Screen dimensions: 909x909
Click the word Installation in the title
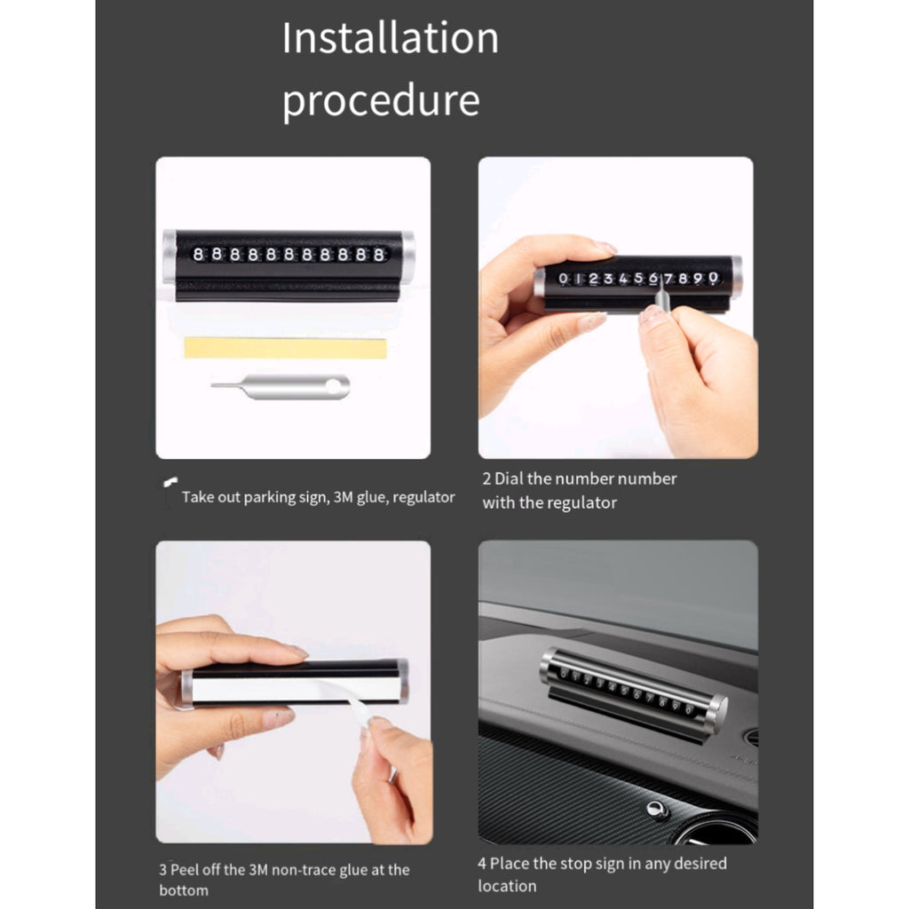391,38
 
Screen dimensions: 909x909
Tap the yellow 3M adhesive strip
285,348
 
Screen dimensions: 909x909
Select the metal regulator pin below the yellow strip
281,387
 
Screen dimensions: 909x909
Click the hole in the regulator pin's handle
334,387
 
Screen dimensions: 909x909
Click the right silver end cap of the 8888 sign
407,258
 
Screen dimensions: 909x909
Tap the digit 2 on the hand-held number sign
593,279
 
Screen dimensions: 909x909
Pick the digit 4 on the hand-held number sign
623,279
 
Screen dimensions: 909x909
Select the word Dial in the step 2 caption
509,478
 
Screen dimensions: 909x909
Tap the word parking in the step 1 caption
270,497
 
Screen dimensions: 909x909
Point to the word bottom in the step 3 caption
184,889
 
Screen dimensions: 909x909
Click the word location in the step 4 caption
507,886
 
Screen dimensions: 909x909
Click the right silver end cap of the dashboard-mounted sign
717,715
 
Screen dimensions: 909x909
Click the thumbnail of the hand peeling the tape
293,692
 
